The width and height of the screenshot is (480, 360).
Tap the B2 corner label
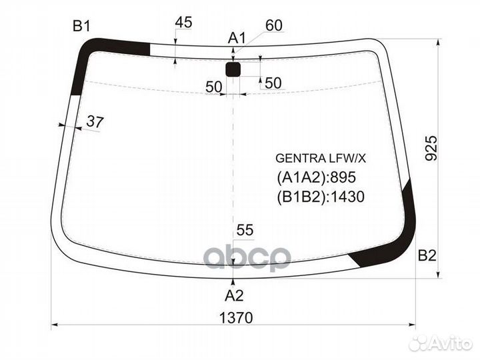coord(427,255)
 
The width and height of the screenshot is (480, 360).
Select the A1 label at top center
coord(237,39)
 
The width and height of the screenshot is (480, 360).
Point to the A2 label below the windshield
coord(233,295)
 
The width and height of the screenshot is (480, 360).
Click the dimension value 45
coord(183,23)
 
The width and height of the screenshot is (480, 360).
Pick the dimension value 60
coord(273,25)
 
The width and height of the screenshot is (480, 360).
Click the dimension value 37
coord(95,122)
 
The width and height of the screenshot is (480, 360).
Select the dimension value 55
coord(245,231)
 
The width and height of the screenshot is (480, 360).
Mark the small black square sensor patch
coord(233,70)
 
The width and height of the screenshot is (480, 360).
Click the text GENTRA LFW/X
coord(321,159)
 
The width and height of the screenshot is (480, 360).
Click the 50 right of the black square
coord(273,83)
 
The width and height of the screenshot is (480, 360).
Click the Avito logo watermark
coord(441,343)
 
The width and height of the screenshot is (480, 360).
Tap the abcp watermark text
coord(247,257)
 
